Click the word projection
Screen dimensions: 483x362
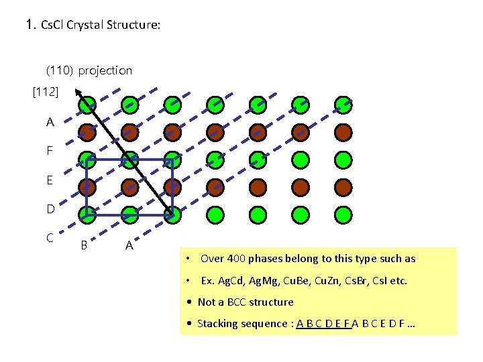point(105,70)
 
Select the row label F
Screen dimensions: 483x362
point(50,152)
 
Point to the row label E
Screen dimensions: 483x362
point(50,180)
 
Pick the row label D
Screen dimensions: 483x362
point(50,209)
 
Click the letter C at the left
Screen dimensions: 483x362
point(50,237)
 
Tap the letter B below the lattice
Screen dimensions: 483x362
point(84,245)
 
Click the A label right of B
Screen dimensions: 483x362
point(129,246)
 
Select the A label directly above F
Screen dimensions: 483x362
point(50,123)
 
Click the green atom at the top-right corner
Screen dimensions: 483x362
point(343,104)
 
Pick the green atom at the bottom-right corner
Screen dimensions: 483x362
point(343,215)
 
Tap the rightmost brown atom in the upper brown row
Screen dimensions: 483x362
point(343,131)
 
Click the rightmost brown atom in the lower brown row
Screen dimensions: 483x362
point(343,186)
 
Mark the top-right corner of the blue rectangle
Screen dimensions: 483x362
point(172,160)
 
